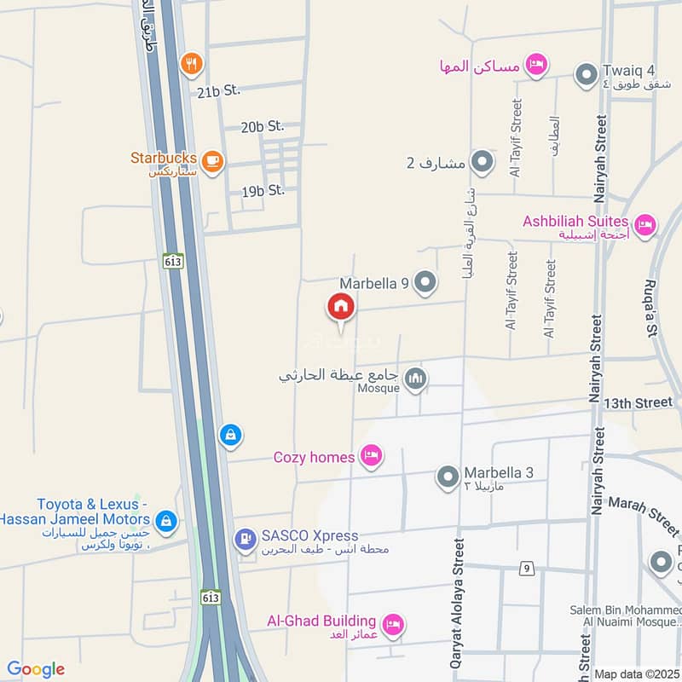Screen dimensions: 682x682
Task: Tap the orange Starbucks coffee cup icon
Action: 212,159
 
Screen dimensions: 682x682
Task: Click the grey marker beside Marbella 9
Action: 425,281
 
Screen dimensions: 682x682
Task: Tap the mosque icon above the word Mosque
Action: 415,377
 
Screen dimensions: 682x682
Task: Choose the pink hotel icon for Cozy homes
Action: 370,457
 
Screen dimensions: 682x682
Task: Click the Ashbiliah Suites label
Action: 576,222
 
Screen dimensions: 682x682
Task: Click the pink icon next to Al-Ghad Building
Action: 393,624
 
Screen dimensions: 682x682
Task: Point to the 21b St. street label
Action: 219,90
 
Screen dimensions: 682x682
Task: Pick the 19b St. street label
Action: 263,191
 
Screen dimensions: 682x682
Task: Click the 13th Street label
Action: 637,402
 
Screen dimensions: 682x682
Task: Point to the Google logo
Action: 35,669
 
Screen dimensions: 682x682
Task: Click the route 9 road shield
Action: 529,569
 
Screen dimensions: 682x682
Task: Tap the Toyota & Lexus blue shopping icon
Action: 167,519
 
